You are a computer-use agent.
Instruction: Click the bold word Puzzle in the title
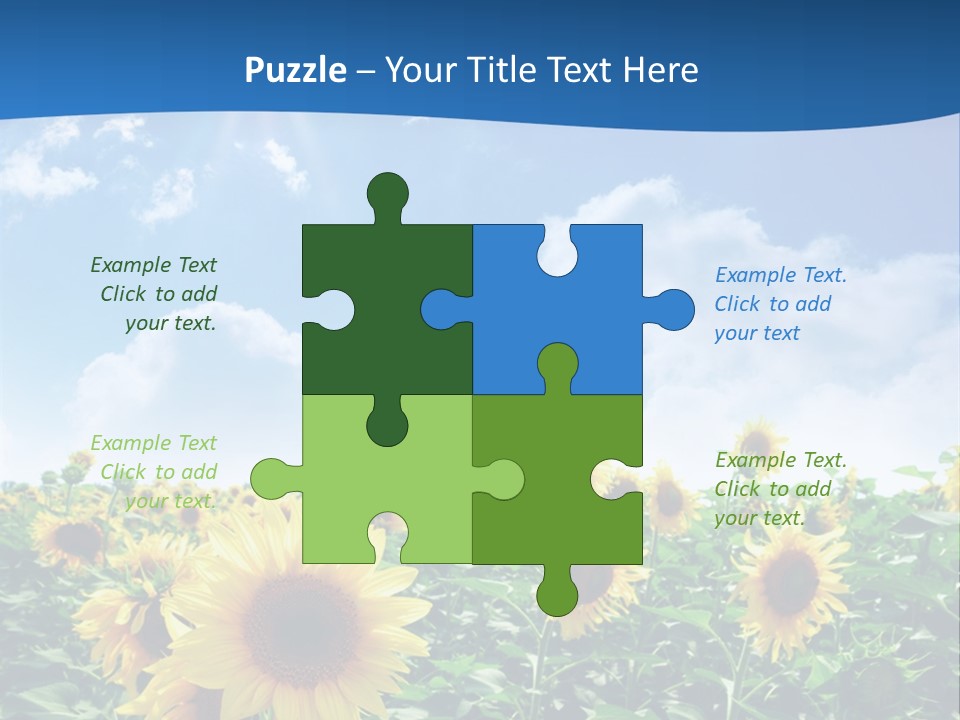tap(296, 70)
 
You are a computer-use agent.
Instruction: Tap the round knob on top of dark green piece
tap(387, 192)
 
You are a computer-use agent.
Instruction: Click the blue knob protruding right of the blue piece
tap(673, 310)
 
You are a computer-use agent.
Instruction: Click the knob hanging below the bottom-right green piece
tap(557, 592)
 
